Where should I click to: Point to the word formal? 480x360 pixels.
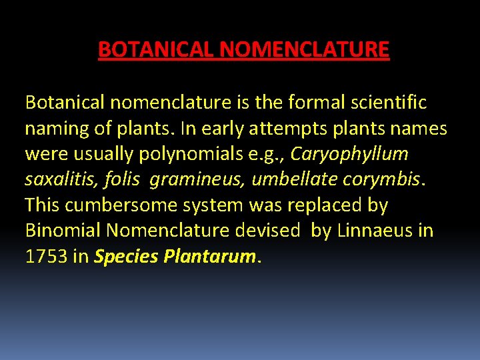[315, 103]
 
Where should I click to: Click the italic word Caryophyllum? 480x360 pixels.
[349, 154]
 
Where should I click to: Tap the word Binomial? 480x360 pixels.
[62, 231]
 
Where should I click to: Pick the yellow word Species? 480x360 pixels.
[125, 257]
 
